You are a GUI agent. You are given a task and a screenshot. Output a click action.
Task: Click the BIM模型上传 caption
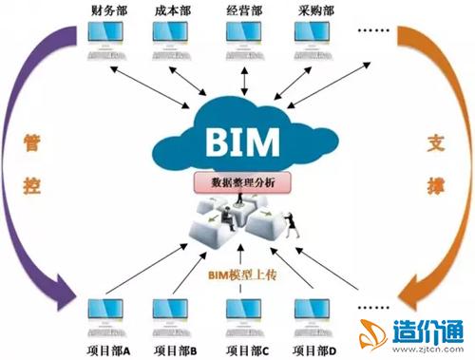click(x=238, y=275)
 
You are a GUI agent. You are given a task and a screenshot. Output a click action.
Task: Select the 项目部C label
click(x=244, y=349)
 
